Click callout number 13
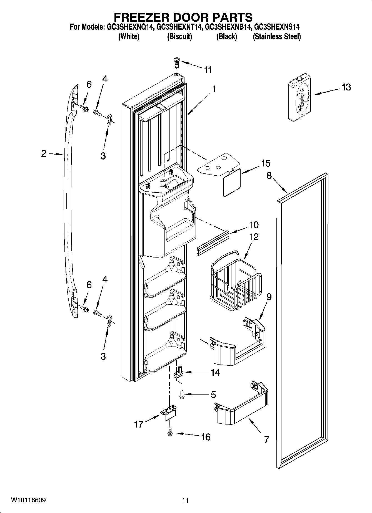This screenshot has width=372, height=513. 346,87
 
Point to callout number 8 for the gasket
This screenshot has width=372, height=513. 269,176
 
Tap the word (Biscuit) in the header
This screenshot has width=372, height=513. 179,36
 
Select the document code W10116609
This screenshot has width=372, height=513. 28,500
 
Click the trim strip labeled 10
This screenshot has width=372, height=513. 213,242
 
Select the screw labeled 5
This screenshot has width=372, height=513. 182,394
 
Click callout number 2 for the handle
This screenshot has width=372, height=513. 44,153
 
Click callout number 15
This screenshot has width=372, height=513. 266,163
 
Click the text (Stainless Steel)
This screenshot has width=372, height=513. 276,36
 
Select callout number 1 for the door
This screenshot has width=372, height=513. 214,89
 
